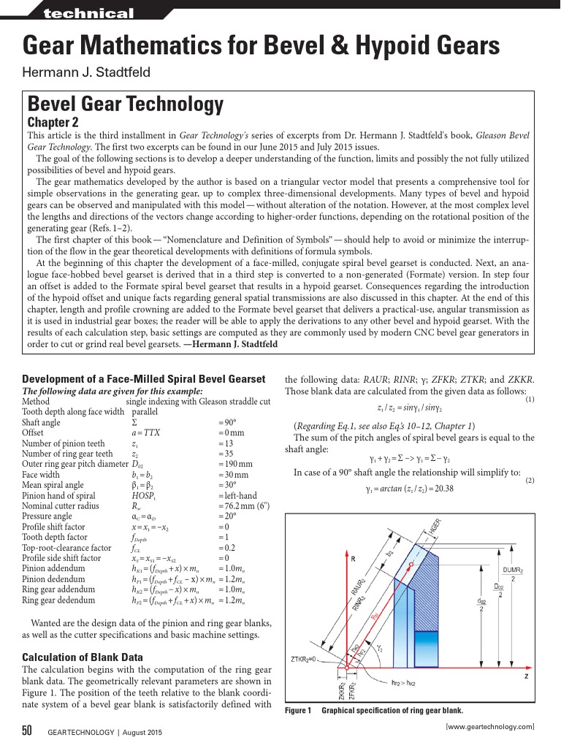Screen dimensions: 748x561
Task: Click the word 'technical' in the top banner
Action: point(88,13)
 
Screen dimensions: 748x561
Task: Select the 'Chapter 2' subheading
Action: point(53,122)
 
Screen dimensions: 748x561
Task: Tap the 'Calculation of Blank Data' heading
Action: point(83,657)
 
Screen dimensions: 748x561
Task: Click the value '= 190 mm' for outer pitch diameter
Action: point(235,464)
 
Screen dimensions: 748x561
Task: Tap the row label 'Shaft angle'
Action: point(42,423)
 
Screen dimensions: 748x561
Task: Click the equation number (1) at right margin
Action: point(530,400)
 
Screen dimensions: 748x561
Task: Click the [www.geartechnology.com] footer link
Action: point(489,726)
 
